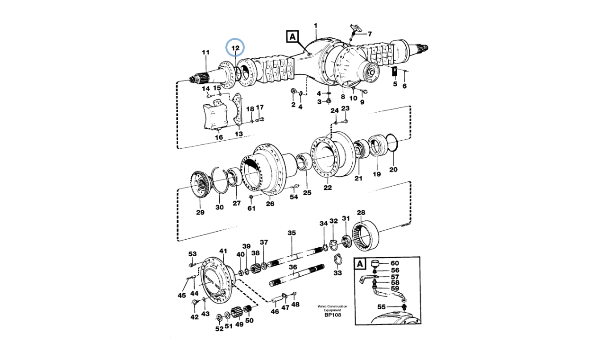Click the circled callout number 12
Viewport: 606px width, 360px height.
[x=235, y=47]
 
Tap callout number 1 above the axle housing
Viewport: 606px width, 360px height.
[x=316, y=26]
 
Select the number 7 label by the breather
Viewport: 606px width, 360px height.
[x=370, y=34]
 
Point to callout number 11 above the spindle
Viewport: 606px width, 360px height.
[x=205, y=52]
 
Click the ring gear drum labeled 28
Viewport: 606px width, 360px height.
[x=369, y=238]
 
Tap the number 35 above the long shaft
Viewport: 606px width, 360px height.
[x=292, y=233]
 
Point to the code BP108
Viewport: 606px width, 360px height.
[x=332, y=315]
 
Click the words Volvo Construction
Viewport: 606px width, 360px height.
[x=332, y=306]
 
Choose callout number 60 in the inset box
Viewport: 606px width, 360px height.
[x=394, y=263]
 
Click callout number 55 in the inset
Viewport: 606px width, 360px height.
[x=381, y=306]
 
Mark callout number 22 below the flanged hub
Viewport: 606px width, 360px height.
[x=328, y=188]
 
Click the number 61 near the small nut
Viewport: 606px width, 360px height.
[x=251, y=208]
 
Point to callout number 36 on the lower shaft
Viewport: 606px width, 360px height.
[x=293, y=267]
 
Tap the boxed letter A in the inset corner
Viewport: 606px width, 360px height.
[x=360, y=263]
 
